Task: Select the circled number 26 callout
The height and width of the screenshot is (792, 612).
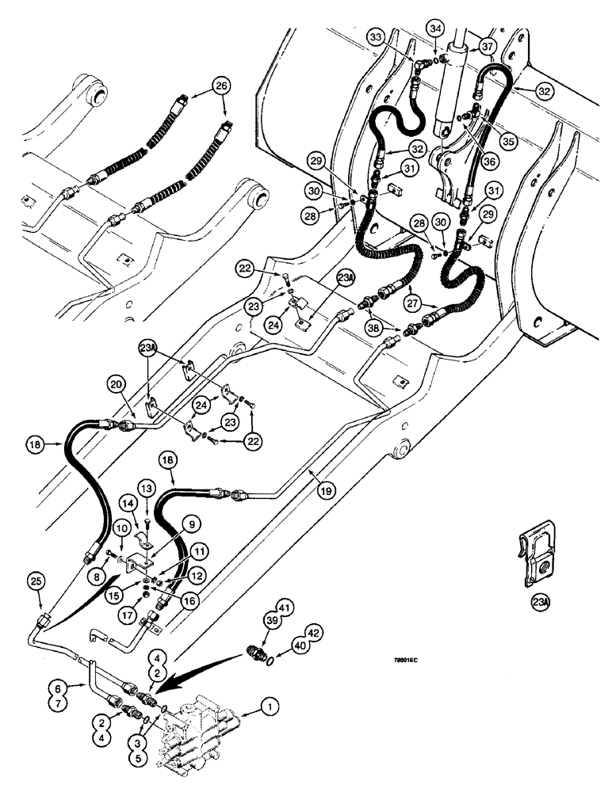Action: click(x=221, y=86)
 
